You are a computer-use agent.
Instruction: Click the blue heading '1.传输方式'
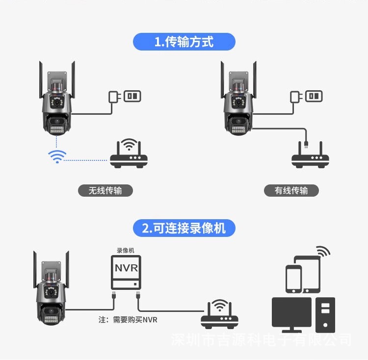184,42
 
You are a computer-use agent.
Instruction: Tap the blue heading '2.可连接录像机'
184,228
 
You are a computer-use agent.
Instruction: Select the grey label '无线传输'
105,190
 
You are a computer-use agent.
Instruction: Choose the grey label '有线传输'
291,190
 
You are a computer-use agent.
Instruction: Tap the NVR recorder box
126,273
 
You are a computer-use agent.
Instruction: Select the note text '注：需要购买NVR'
128,320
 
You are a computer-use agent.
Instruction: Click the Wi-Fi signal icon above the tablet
323,251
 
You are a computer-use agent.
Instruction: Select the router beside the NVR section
219,316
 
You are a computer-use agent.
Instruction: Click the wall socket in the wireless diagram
131,96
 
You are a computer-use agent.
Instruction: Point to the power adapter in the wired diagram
295,97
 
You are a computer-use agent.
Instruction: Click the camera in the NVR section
50,289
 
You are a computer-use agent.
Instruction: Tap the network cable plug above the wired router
306,143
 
